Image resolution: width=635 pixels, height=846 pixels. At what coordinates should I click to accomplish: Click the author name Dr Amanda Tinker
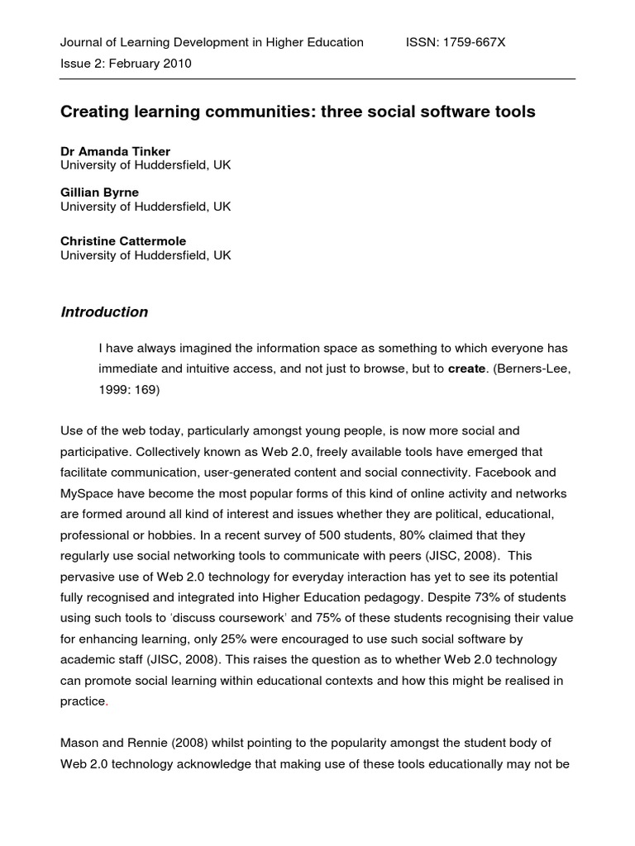pyautogui.click(x=115, y=151)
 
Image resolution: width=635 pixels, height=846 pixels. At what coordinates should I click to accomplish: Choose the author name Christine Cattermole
pyautogui.click(x=123, y=241)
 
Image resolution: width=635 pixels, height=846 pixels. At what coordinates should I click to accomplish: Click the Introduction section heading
pyautogui.click(x=104, y=312)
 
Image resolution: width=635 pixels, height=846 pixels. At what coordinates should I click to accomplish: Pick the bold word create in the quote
pyautogui.click(x=466, y=369)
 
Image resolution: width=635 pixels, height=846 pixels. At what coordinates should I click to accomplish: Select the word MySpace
pyautogui.click(x=87, y=493)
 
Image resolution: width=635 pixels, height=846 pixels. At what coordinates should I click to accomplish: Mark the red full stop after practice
pyautogui.click(x=107, y=701)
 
